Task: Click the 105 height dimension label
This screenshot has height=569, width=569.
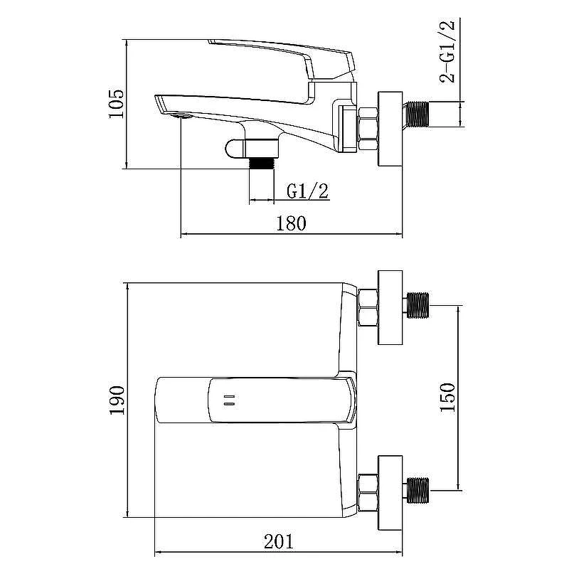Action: (x=117, y=103)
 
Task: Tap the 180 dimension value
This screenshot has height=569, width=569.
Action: (x=292, y=223)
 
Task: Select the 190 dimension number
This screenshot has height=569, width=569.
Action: (x=117, y=400)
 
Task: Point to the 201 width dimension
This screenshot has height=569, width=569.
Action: (x=278, y=542)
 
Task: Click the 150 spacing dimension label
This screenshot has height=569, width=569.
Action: (x=447, y=397)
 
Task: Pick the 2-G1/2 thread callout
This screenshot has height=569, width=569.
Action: (x=447, y=51)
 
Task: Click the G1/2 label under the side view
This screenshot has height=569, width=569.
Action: (x=307, y=191)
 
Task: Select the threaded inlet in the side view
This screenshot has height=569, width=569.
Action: (x=418, y=115)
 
